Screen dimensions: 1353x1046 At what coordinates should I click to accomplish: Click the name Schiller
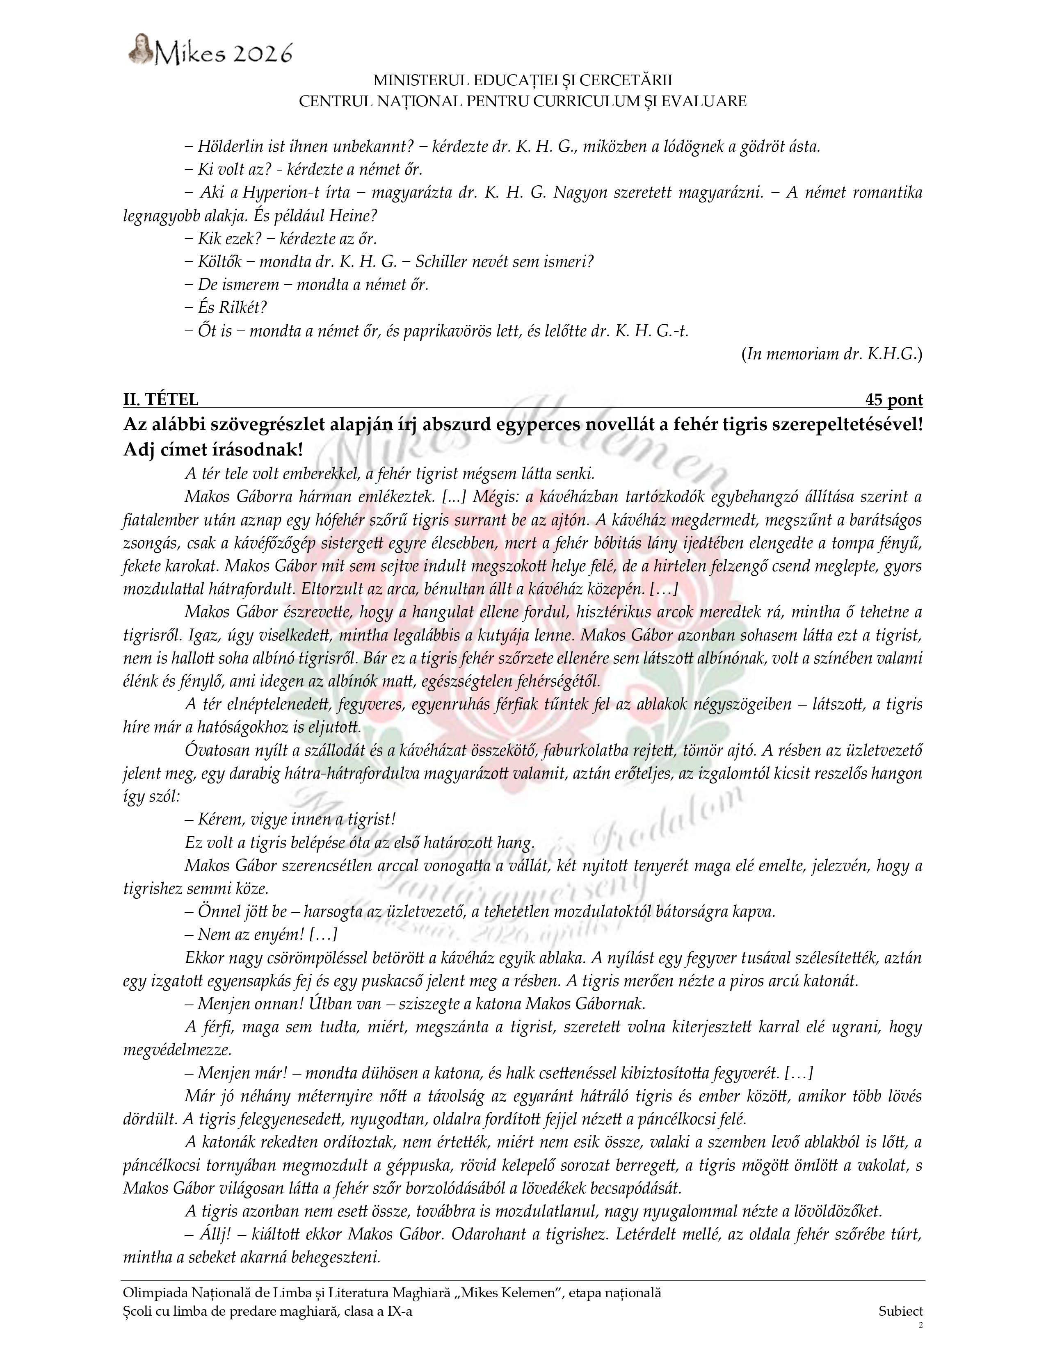(x=439, y=262)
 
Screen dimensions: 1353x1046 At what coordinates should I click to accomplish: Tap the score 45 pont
(x=893, y=400)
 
